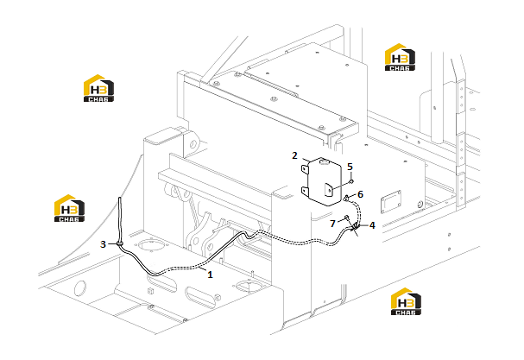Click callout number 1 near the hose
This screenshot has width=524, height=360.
[x=210, y=275]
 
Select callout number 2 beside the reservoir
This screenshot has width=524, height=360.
[x=294, y=155]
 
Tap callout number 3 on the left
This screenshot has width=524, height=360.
[x=103, y=244]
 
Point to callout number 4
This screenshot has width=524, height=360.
[x=372, y=225]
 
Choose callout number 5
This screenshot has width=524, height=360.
[x=350, y=167]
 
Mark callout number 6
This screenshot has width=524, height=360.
[x=360, y=194]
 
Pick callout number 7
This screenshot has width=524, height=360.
[x=332, y=224]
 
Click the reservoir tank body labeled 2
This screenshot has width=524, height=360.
[x=324, y=181]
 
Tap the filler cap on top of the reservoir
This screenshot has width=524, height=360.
[x=325, y=162]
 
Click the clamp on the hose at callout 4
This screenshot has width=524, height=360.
[x=355, y=228]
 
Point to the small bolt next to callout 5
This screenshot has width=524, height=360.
[x=351, y=181]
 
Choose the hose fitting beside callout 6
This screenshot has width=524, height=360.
[x=346, y=198]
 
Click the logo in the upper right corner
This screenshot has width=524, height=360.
[x=400, y=57]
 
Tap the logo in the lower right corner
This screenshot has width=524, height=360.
[x=406, y=301]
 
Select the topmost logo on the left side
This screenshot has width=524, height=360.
[x=98, y=88]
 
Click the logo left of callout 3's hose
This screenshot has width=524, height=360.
[x=70, y=208]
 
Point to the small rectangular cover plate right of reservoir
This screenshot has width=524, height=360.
[x=391, y=201]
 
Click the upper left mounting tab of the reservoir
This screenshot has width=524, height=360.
[x=305, y=168]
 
